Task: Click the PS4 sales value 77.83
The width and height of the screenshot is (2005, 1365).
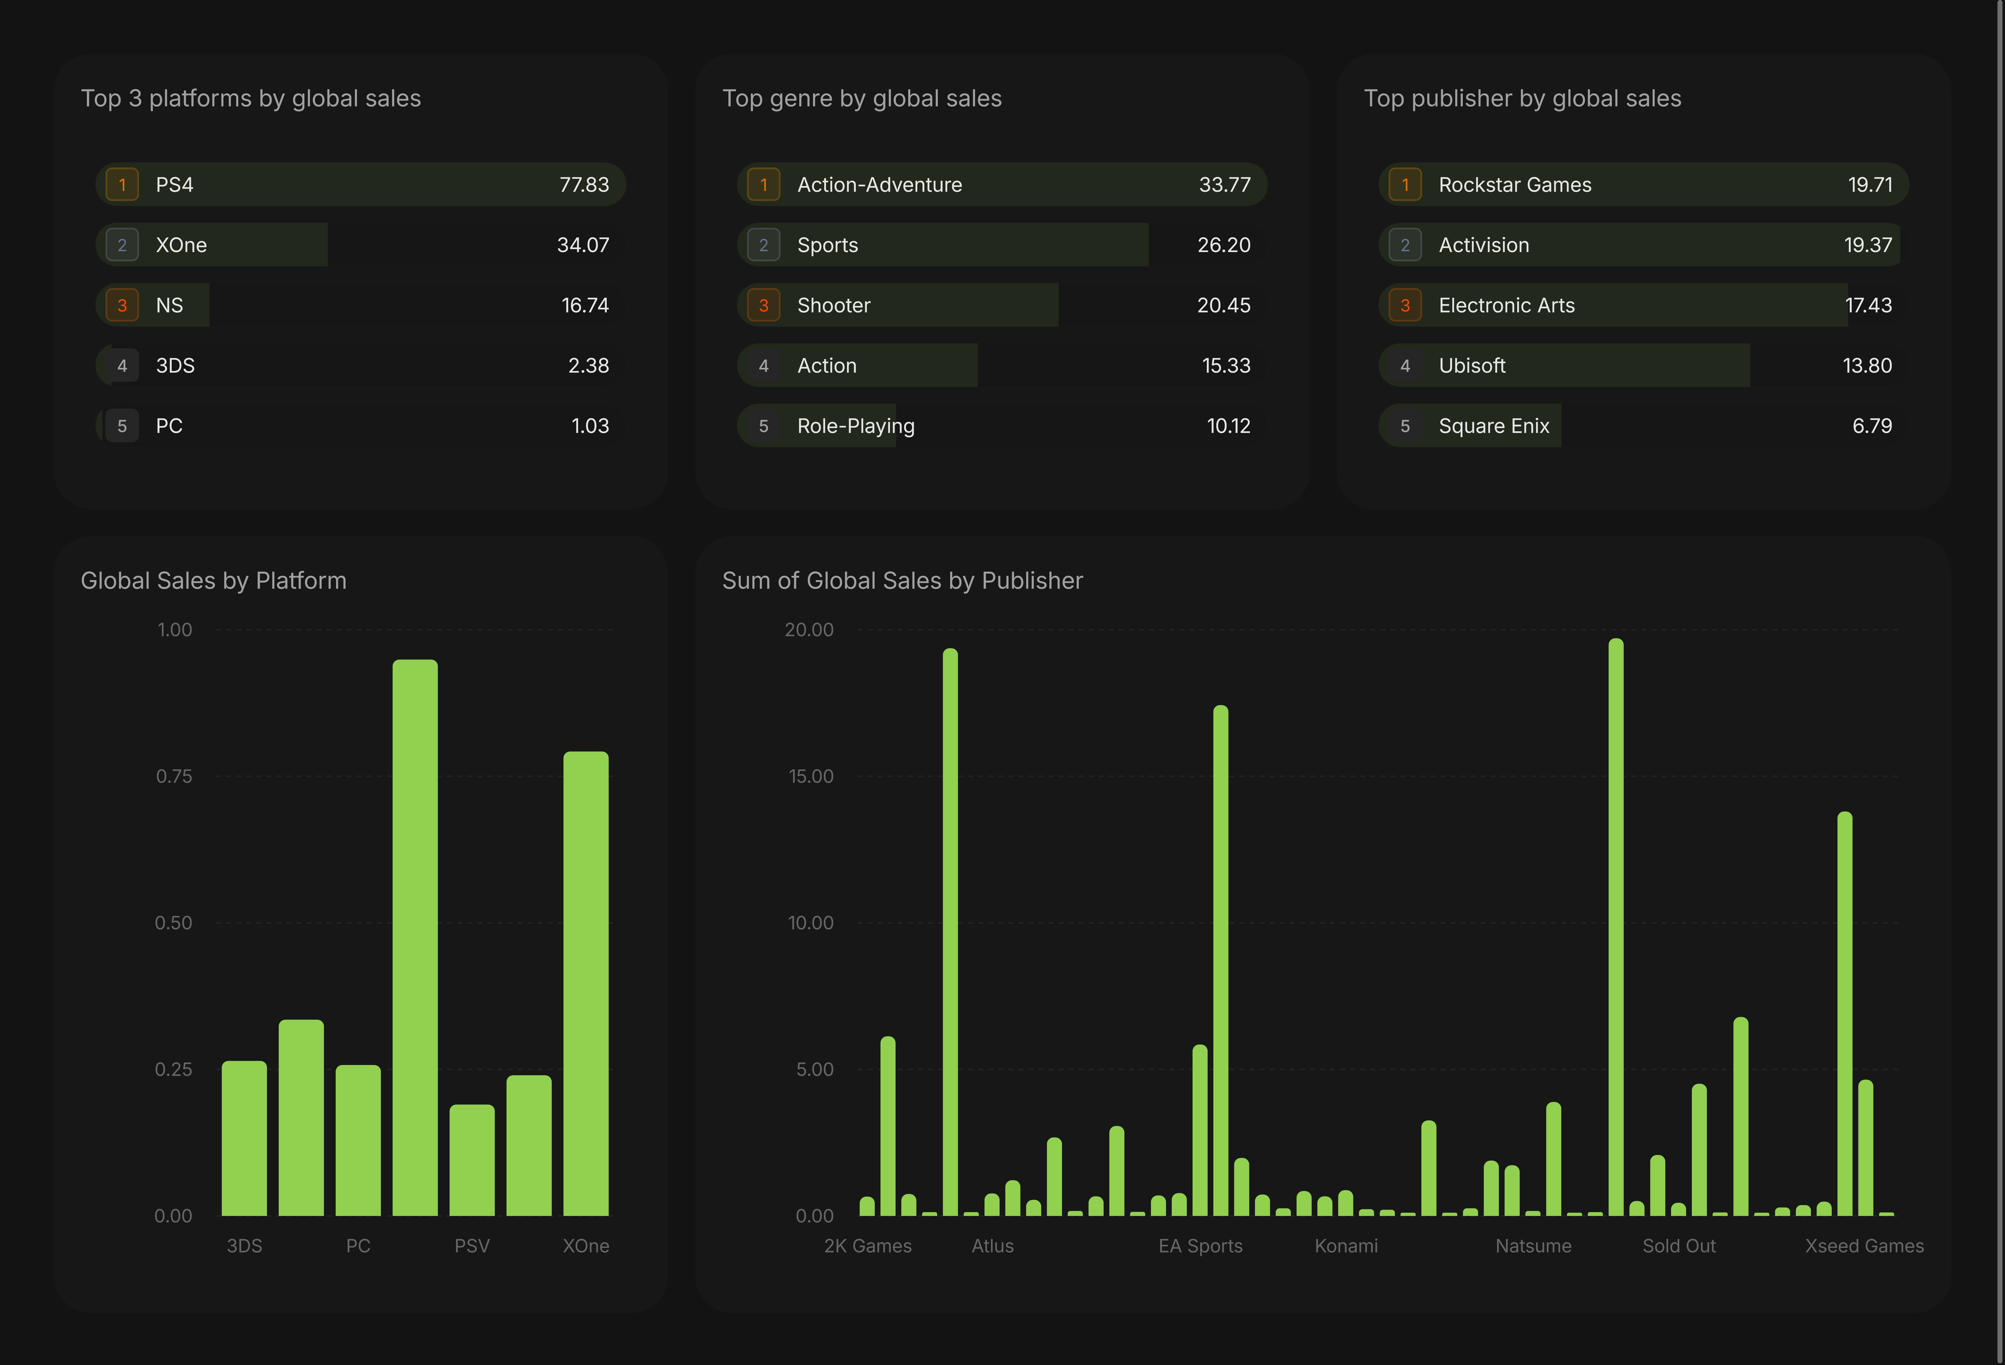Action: pyautogui.click(x=584, y=185)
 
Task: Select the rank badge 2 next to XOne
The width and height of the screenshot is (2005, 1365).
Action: pyautogui.click(x=122, y=245)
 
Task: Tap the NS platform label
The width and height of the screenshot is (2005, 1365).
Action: pyautogui.click(x=169, y=305)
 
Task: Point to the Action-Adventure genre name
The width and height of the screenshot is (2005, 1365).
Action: pyautogui.click(x=879, y=185)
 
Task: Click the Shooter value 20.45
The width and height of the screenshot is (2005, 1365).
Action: pyautogui.click(x=1223, y=305)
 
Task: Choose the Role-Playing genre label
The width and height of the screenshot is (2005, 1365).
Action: pyautogui.click(x=856, y=426)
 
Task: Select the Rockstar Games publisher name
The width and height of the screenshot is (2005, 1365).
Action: pyautogui.click(x=1515, y=185)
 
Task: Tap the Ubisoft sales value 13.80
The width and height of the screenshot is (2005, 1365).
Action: pyautogui.click(x=1867, y=366)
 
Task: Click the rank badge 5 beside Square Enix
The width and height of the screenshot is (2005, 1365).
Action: pyautogui.click(x=1405, y=426)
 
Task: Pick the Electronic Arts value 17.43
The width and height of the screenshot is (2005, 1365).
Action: pyautogui.click(x=1868, y=305)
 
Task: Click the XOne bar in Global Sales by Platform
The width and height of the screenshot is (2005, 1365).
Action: pyautogui.click(x=586, y=984)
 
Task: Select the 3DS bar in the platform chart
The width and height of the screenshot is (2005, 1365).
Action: pyautogui.click(x=244, y=1138)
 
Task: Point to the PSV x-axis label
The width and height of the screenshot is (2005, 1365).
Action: pyautogui.click(x=472, y=1246)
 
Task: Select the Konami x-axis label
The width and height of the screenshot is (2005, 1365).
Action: pyautogui.click(x=1346, y=1246)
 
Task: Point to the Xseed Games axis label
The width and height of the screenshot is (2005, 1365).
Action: pyautogui.click(x=1864, y=1246)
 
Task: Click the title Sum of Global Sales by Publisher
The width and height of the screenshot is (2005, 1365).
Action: pyautogui.click(x=902, y=581)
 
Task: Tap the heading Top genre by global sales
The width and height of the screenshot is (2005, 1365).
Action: pyautogui.click(x=862, y=98)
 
